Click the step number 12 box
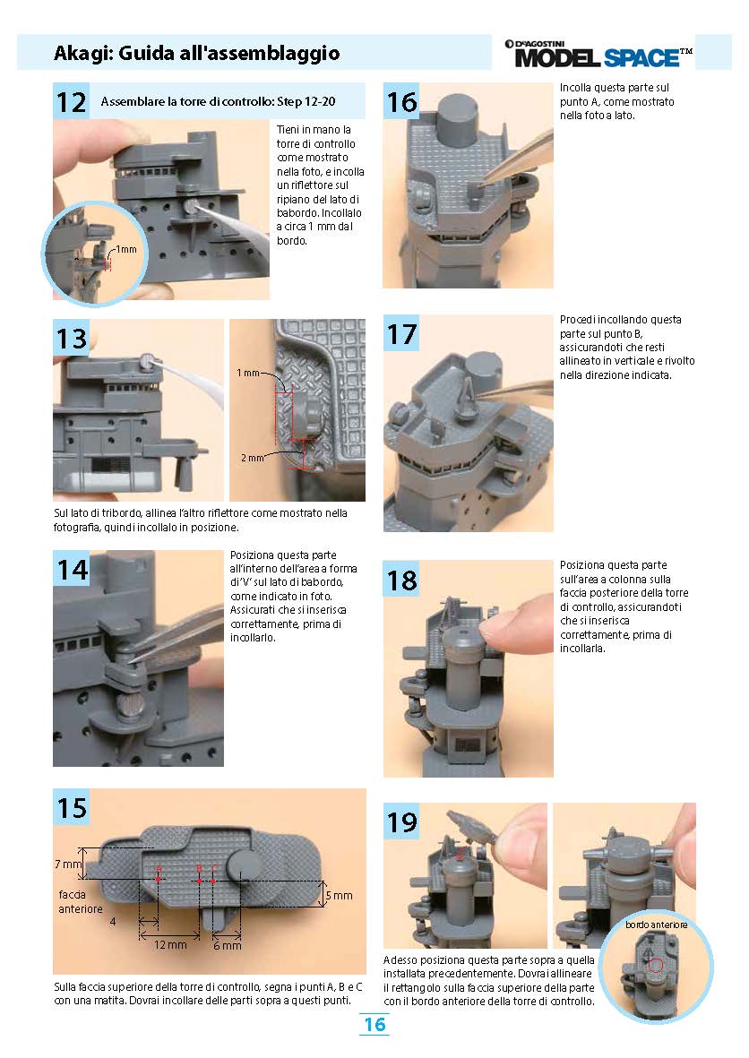pos(71,101)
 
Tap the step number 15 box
pos(71,807)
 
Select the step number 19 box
pos(401,821)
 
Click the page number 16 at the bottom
pos(374,1024)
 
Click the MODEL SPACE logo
pos(598,54)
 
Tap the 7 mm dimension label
pos(68,864)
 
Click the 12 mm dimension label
pos(170,944)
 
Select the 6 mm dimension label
pos(228,946)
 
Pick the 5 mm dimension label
pos(340,895)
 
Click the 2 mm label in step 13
pos(253,458)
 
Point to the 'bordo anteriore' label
pos(656,925)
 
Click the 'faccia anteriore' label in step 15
pos(81,901)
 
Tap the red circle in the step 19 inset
pos(655,966)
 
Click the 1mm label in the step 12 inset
pos(126,249)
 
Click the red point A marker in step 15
pos(158,879)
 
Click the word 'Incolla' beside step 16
pos(575,88)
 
